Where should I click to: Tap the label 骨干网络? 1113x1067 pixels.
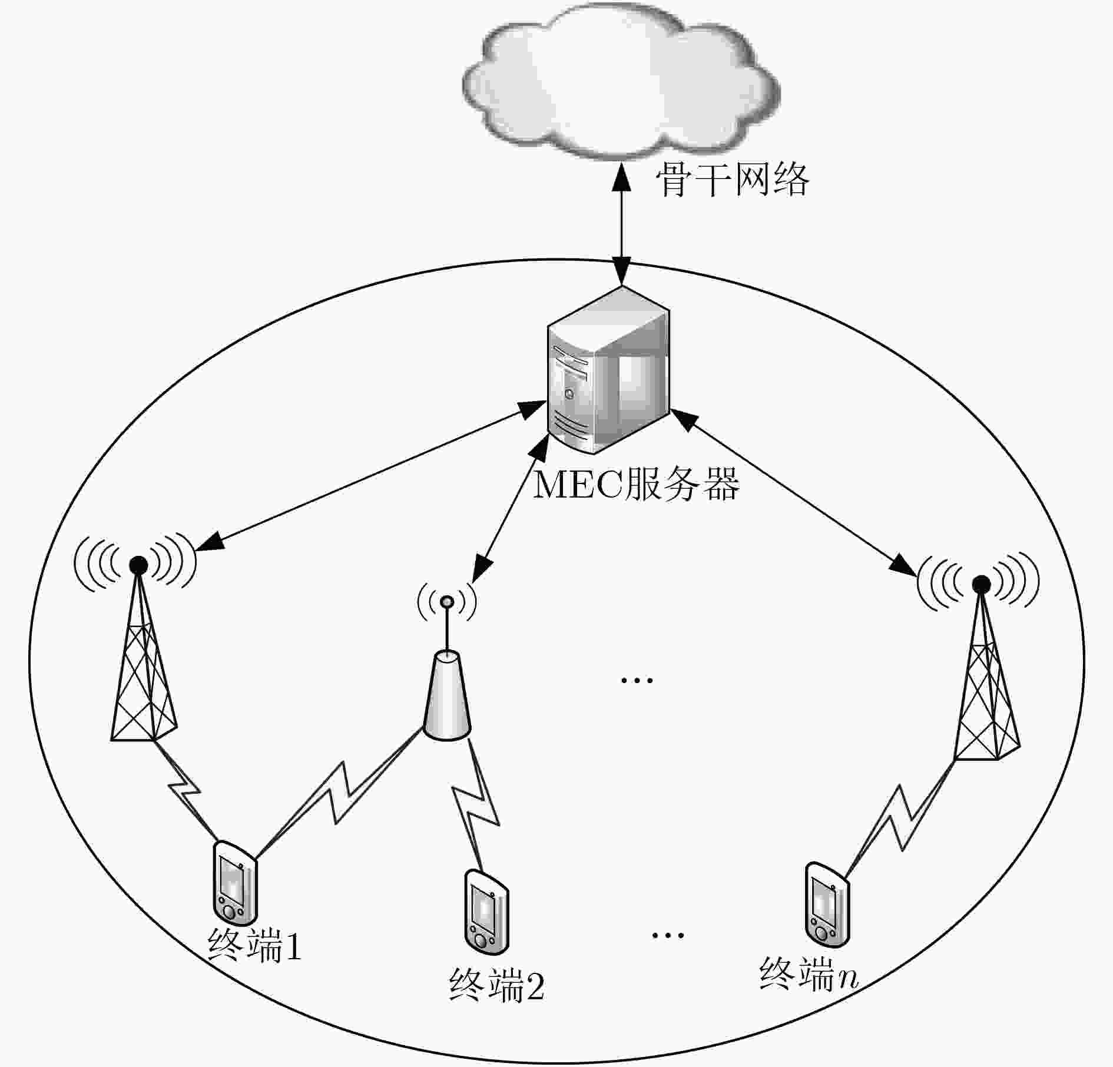(x=733, y=179)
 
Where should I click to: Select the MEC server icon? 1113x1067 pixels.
(x=609, y=370)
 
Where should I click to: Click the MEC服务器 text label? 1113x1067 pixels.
(x=636, y=484)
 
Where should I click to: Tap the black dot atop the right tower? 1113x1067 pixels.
(x=981, y=584)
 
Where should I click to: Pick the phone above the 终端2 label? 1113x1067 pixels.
(x=486, y=912)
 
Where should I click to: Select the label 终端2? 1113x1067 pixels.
(x=496, y=986)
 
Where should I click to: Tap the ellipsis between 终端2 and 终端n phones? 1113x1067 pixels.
(x=668, y=935)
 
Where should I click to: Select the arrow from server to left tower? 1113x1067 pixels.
(x=370, y=476)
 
